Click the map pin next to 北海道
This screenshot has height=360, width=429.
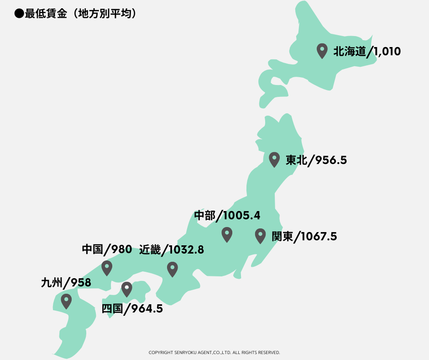(x=322, y=50)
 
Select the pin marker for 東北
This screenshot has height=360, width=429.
(x=274, y=159)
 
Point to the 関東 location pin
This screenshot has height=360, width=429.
(x=260, y=235)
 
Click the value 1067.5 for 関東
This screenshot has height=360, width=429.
(x=319, y=237)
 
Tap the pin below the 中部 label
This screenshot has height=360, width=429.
(x=227, y=234)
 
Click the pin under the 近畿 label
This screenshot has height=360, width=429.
(x=172, y=269)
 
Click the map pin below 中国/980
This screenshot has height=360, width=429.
(x=107, y=267)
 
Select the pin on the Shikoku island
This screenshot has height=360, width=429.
(x=126, y=289)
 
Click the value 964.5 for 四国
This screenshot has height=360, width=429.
(x=147, y=309)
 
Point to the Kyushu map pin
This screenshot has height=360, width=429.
(x=67, y=301)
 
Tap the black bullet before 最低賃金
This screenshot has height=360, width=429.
(x=19, y=14)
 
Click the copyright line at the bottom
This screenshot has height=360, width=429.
(x=214, y=353)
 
